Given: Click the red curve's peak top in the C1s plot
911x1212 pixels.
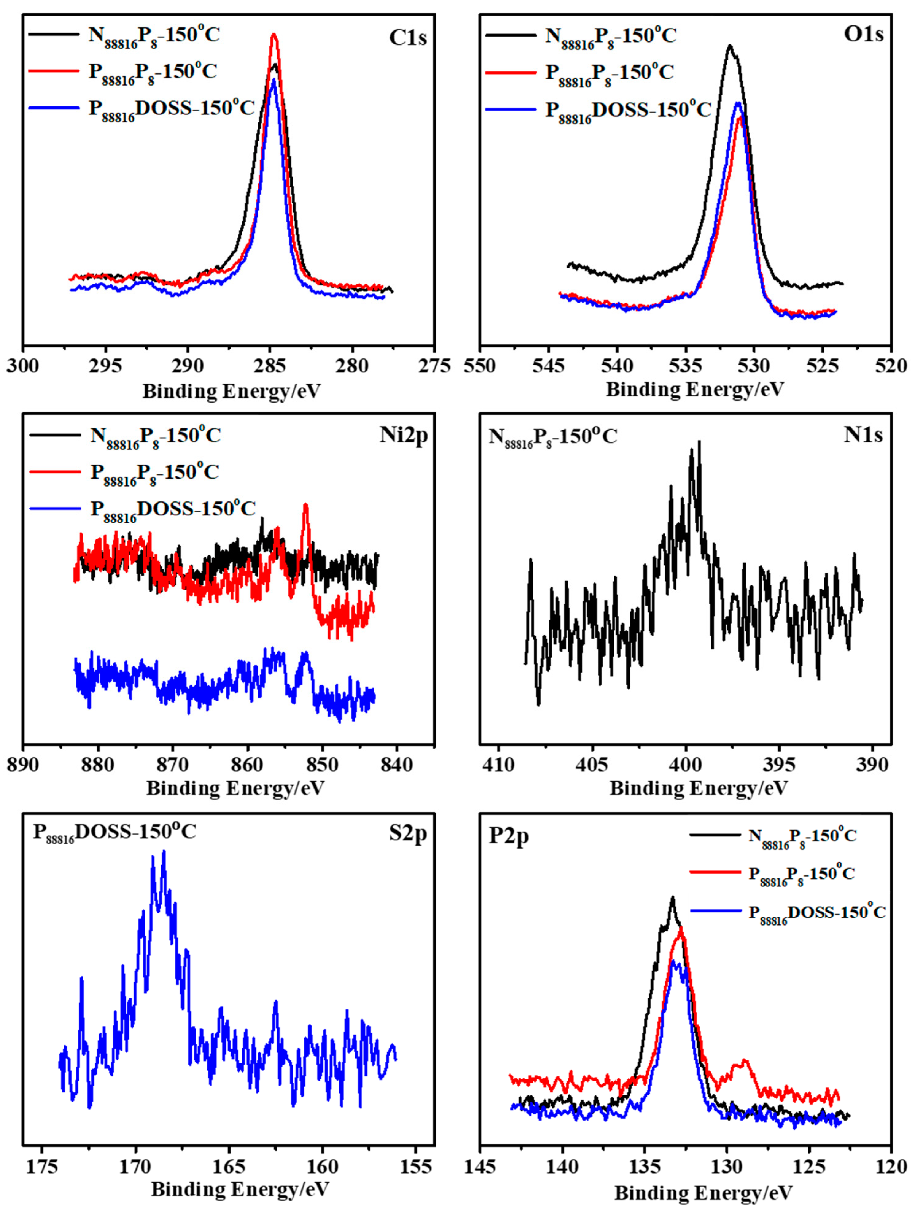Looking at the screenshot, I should (x=273, y=35).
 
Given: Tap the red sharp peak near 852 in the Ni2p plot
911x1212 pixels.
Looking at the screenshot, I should (x=306, y=505).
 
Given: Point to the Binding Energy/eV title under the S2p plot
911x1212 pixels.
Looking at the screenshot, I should (x=239, y=1189).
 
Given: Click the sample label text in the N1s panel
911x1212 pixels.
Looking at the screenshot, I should (x=552, y=437).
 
